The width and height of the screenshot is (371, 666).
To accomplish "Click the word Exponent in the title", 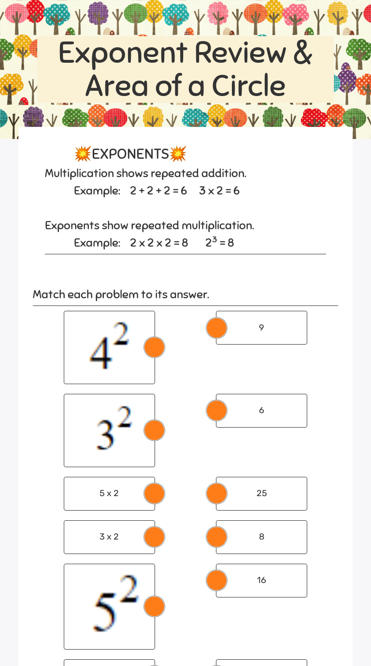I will pos(122,53).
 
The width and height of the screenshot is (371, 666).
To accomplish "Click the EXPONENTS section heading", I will pos(130,154).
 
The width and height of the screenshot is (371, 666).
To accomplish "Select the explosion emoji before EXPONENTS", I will pos(83,154).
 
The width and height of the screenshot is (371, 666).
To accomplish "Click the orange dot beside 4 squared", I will pos(155,347).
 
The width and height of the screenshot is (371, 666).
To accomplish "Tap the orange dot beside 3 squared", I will pos(155,430).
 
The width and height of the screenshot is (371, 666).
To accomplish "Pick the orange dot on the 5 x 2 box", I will pos(155,493).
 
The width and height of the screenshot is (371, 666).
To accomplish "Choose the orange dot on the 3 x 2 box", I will pos(155,537).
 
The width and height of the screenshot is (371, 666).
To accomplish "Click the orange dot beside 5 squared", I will pos(155,606).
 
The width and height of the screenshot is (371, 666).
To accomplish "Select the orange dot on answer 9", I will pos(216,328).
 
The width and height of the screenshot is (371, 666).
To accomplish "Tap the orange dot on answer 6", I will pos(216,410).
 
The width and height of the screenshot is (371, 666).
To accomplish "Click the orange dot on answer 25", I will pos(216,493).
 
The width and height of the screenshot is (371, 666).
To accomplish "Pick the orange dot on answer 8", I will pos(216,537).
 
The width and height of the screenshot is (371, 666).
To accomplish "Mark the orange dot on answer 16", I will pos(216,580).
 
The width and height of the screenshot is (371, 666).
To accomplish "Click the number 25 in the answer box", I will pos(262,493).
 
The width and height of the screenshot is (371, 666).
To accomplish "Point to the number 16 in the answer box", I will pos(261,580).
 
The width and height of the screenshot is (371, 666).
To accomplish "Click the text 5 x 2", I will pos(109,493).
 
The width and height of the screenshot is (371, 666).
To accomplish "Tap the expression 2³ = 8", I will pos(219,242).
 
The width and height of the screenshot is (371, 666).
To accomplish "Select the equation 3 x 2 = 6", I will pos(219,191).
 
